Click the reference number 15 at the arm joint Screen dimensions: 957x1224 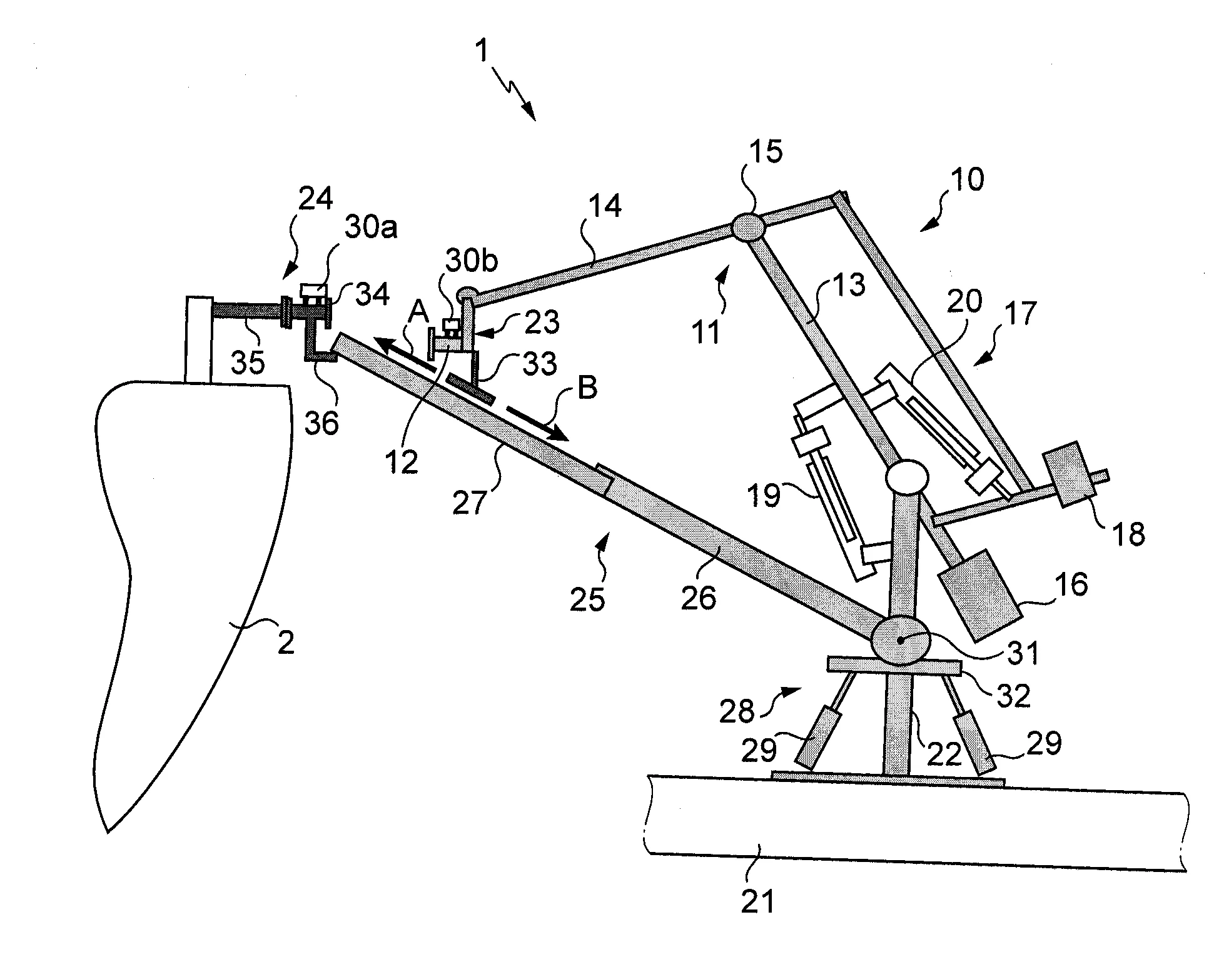tap(765, 152)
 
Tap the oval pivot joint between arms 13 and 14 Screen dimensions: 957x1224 tap(749, 228)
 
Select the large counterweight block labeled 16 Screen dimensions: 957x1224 tap(980, 594)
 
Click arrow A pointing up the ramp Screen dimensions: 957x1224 tap(405, 351)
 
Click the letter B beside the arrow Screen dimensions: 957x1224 tap(586, 389)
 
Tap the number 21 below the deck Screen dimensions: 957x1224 tap(757, 901)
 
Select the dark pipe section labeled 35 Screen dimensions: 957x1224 tap(247, 311)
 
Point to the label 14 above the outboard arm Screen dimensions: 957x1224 tap(605, 206)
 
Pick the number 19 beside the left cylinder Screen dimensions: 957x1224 tap(764, 496)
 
